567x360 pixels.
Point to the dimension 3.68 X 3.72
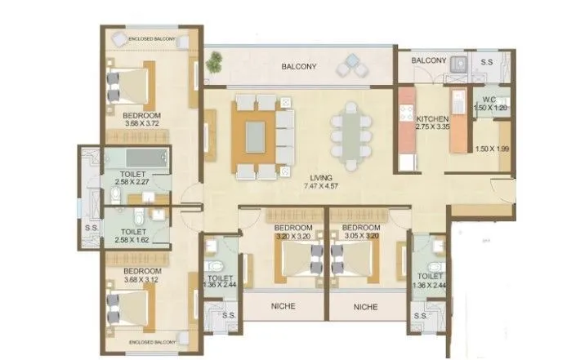click(141, 125)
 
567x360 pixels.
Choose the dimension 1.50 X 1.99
click(491, 148)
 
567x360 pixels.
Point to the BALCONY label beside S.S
click(428, 60)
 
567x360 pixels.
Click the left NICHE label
click(281, 307)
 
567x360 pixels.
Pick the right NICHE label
click(365, 307)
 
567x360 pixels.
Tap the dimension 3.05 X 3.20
click(361, 236)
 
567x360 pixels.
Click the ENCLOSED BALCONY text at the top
click(152, 37)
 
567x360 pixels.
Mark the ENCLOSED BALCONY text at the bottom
click(152, 342)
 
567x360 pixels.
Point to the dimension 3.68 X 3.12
click(141, 279)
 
